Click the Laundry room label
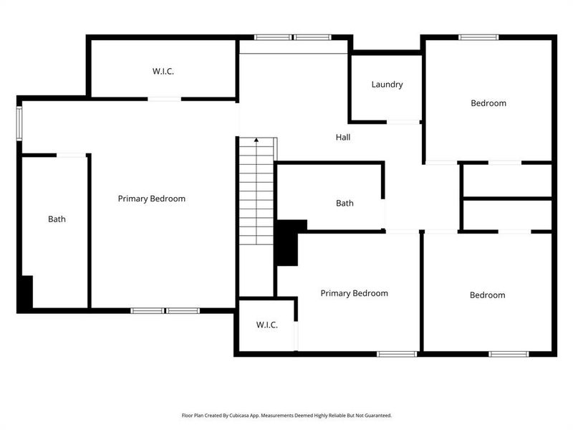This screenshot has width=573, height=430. click(387, 85)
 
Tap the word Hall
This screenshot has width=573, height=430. click(343, 137)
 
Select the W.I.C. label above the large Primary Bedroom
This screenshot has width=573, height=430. click(163, 72)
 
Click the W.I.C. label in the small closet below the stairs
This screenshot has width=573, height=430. click(266, 325)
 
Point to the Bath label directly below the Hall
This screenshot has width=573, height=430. click(345, 204)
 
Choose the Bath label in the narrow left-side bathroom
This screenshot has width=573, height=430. click(57, 219)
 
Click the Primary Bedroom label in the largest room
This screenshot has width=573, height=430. click(152, 199)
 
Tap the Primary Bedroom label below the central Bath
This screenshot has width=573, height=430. click(354, 293)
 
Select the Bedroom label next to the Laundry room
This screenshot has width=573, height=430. click(488, 103)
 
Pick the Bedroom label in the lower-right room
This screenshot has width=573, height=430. click(487, 295)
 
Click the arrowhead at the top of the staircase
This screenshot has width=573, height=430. click(256, 140)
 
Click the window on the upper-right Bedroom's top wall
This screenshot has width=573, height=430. click(479, 37)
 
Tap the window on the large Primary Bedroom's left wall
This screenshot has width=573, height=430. click(20, 123)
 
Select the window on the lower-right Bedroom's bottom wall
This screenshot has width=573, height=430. click(509, 353)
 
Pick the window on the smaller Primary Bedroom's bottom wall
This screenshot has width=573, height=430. click(398, 353)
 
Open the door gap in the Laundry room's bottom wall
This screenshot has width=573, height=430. click(403, 123)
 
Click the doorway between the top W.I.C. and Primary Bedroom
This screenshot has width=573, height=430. click(164, 99)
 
